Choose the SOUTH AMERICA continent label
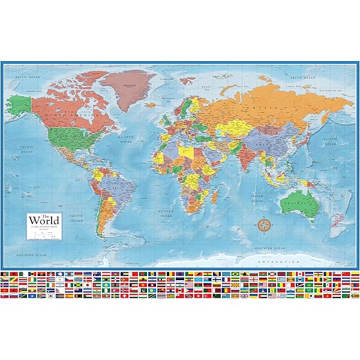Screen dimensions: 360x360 (x=112, y=182)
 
